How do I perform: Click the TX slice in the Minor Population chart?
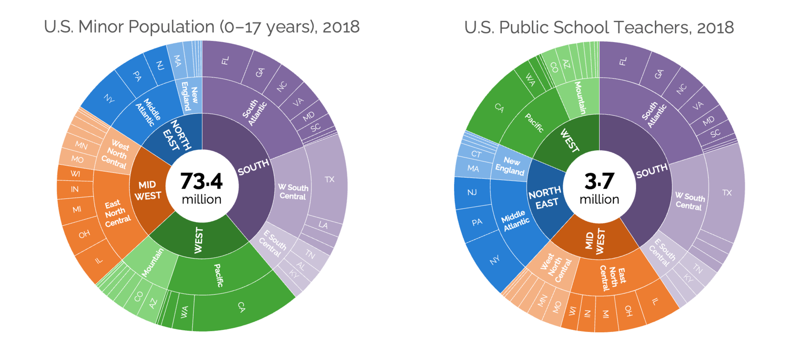pyautogui.click(x=329, y=179)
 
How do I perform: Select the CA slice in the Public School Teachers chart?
pyautogui.click(x=499, y=107)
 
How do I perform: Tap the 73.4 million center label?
pyautogui.click(x=201, y=187)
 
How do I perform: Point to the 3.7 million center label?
pyautogui.click(x=599, y=187)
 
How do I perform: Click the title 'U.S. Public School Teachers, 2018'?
pyautogui.click(x=599, y=27)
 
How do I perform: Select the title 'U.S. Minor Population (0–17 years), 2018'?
pyautogui.click(x=202, y=27)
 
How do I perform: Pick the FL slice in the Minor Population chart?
pyautogui.click(x=225, y=61)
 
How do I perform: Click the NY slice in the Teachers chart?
pyautogui.click(x=494, y=260)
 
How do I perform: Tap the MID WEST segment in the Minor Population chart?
pyautogui.click(x=148, y=190)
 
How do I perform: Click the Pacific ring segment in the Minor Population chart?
pyautogui.click(x=218, y=275)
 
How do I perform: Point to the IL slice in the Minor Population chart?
pyautogui.click(x=98, y=261)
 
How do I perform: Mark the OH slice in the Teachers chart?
pyautogui.click(x=628, y=311)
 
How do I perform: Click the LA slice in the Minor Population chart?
pyautogui.click(x=323, y=225)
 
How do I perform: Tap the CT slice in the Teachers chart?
pyautogui.click(x=476, y=154)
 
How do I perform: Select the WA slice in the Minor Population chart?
pyautogui.click(x=184, y=312)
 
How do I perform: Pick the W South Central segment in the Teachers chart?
pyautogui.click(x=690, y=202)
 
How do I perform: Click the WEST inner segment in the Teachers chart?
pyautogui.click(x=569, y=141)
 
